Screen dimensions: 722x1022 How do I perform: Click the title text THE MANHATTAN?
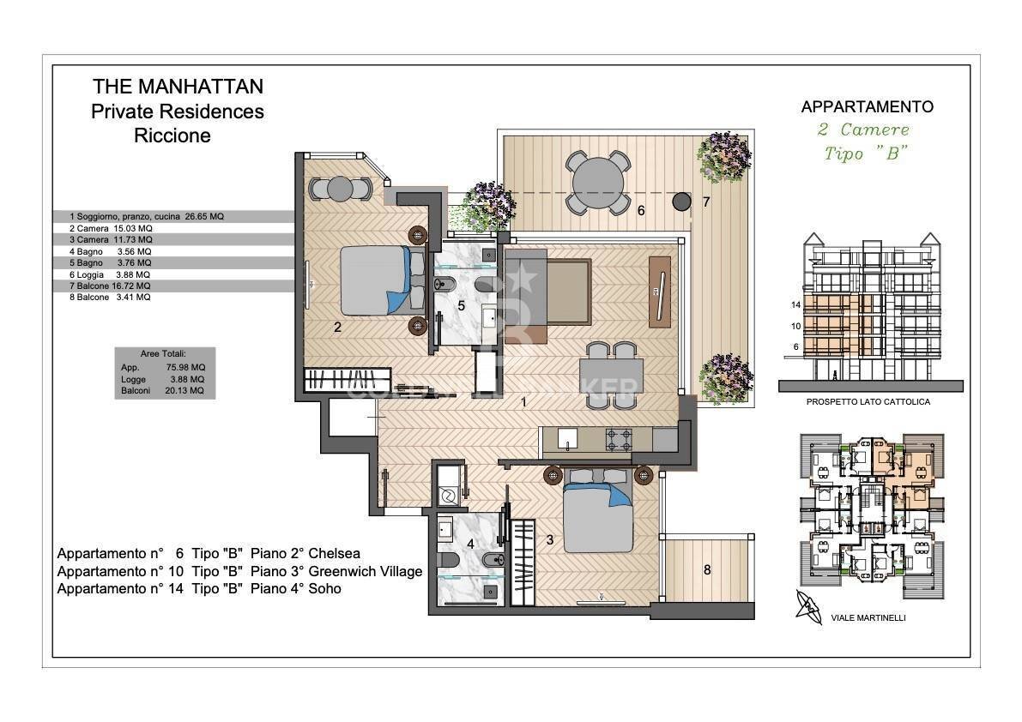178,87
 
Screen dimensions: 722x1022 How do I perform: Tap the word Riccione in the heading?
172,135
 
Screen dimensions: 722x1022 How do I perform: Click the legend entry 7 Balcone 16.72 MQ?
109,286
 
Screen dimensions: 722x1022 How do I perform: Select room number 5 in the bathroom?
461,304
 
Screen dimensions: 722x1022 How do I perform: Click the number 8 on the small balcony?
707,569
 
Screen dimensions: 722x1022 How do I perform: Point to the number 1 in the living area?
525,400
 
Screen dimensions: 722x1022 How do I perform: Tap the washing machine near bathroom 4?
448,496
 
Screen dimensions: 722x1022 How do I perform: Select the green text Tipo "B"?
866,153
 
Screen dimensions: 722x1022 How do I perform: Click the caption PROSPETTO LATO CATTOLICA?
868,401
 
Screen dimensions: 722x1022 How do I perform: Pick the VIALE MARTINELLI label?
868,617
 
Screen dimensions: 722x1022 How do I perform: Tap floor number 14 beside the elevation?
795,304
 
